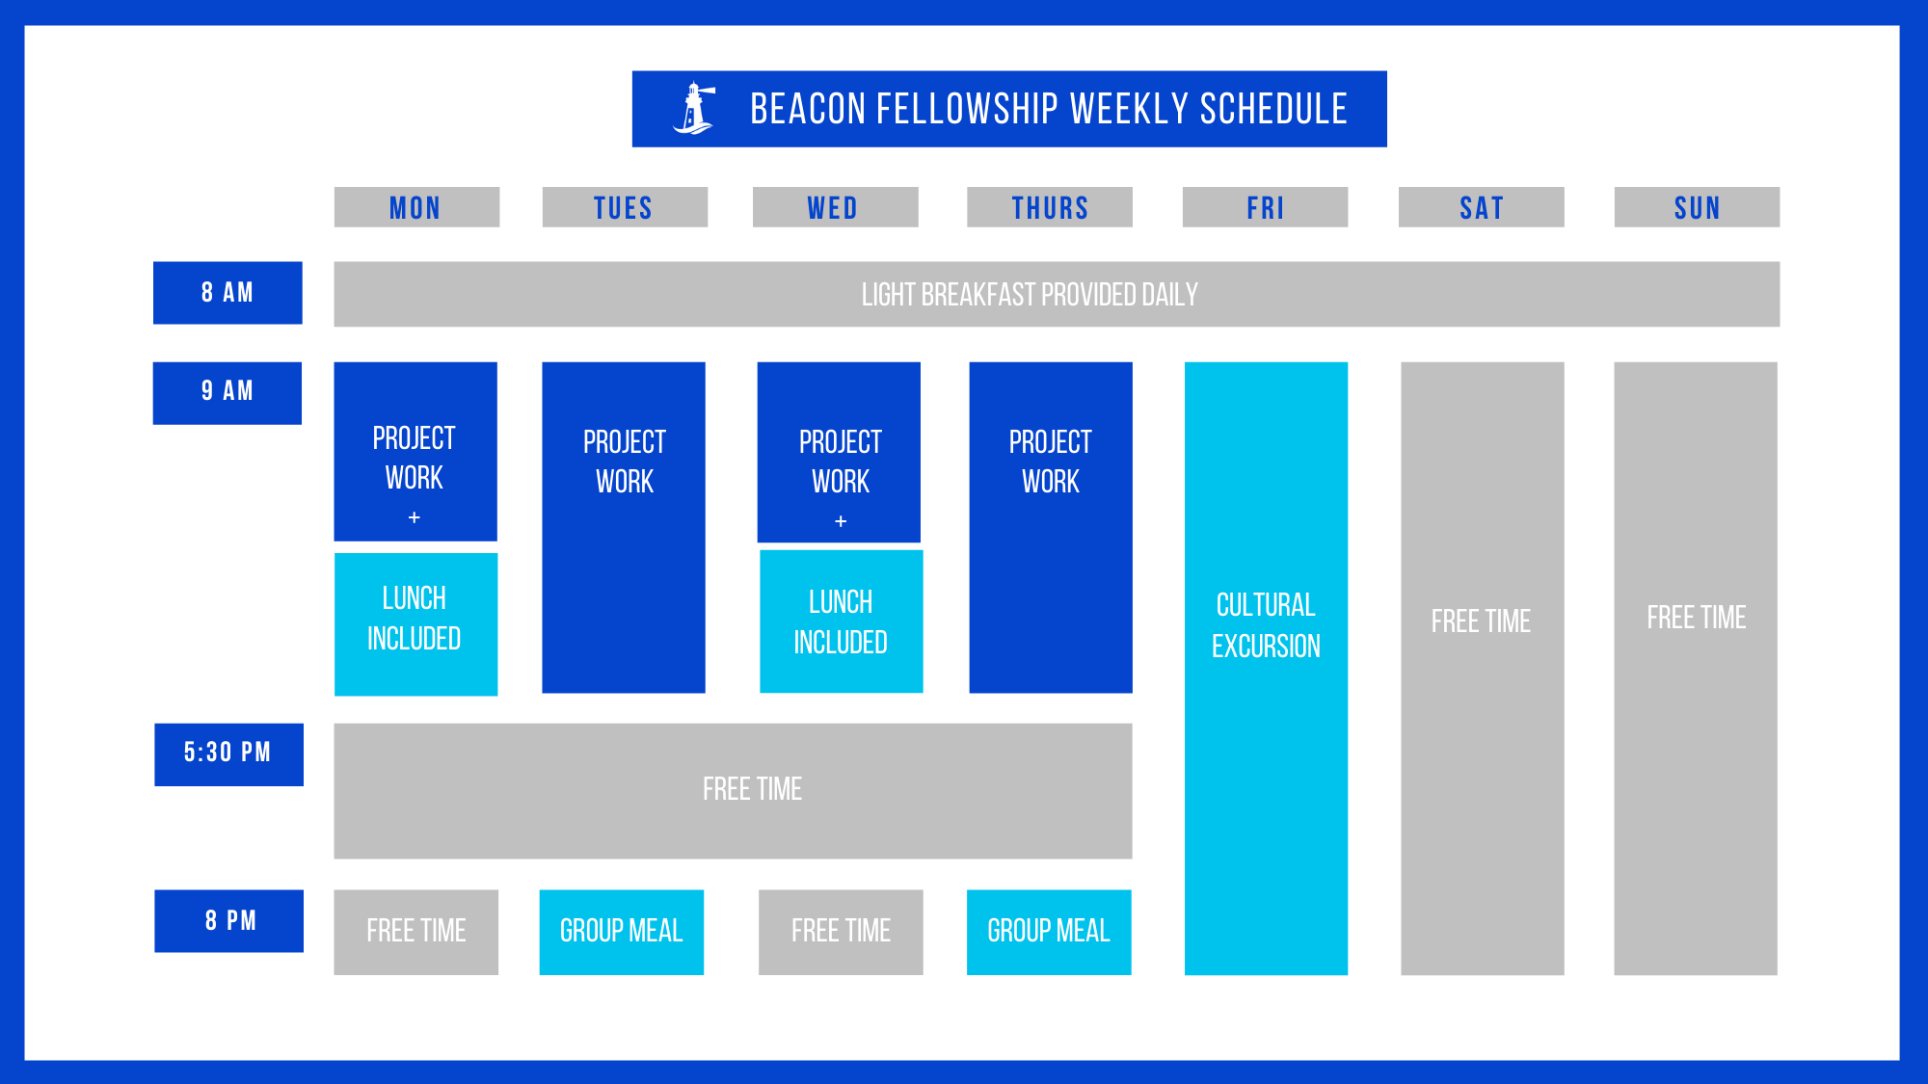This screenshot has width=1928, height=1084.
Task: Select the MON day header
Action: point(416,207)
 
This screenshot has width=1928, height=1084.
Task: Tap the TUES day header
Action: point(625,207)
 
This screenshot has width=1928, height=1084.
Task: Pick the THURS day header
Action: point(1050,207)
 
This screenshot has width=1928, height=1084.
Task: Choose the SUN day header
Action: point(1697,207)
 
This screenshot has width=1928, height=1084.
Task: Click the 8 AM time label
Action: point(228,293)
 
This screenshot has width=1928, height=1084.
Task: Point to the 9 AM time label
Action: point(228,393)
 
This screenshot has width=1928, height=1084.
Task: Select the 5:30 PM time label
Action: point(228,754)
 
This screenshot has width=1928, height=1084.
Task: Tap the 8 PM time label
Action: point(228,921)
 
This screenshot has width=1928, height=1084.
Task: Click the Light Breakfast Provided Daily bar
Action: point(1057,294)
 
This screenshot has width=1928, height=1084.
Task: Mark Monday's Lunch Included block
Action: point(415,623)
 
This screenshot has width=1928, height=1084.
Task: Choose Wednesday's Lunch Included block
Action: point(841,621)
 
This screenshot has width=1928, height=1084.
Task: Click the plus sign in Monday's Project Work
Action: point(415,517)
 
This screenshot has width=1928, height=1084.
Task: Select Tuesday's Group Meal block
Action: point(622,932)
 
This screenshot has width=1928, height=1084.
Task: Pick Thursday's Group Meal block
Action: point(1049,932)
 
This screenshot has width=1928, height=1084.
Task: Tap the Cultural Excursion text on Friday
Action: point(1266,625)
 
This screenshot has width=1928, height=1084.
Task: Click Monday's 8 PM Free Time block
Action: point(416,932)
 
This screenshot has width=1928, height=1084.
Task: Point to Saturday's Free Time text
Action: point(1481,621)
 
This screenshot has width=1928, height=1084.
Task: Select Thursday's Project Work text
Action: point(1051,462)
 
